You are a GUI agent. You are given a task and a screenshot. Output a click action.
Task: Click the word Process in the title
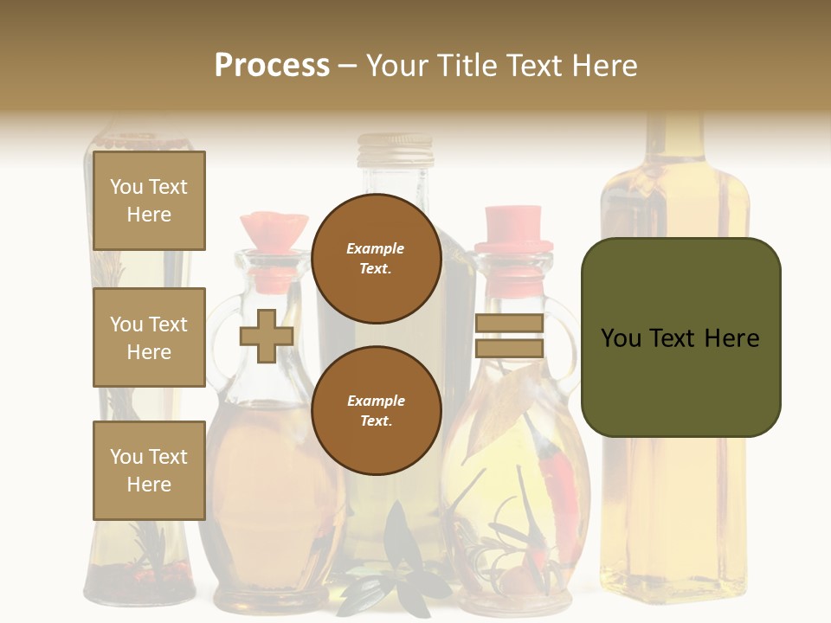(x=272, y=65)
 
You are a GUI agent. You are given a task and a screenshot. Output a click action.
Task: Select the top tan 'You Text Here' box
(x=149, y=201)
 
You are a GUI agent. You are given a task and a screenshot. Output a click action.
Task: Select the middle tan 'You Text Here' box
(x=149, y=337)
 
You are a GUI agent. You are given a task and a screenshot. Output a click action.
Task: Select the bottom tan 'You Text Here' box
(x=149, y=470)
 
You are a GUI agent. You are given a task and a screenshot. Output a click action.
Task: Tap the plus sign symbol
(x=267, y=336)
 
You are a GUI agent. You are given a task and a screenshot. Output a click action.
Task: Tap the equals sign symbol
(x=509, y=336)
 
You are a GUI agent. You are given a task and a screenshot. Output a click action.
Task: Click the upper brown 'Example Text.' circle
(x=376, y=259)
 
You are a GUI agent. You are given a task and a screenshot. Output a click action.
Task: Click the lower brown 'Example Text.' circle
(x=376, y=411)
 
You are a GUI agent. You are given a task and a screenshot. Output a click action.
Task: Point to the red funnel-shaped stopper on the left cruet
(x=274, y=229)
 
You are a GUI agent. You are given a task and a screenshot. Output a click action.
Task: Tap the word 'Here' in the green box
(x=731, y=338)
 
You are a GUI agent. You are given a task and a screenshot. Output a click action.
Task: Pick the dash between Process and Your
(x=348, y=66)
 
